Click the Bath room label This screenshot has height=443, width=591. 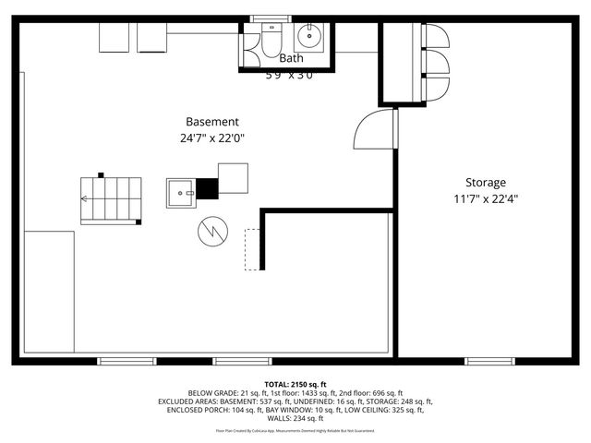pyautogui.click(x=291, y=58)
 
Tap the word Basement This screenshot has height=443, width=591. pyautogui.click(x=212, y=122)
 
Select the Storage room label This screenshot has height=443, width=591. pyautogui.click(x=485, y=183)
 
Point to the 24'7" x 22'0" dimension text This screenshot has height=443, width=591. pyautogui.click(x=212, y=138)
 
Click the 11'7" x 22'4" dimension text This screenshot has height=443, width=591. pyautogui.click(x=485, y=198)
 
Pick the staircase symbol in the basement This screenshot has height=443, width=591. pyautogui.click(x=111, y=198)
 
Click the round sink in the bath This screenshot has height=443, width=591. pyautogui.click(x=308, y=38)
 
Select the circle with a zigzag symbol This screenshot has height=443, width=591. pyautogui.click(x=211, y=230)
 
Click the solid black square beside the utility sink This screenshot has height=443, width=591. pyautogui.click(x=209, y=188)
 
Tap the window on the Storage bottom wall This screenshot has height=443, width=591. pyautogui.click(x=490, y=360)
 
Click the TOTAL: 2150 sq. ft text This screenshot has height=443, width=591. pyautogui.click(x=295, y=384)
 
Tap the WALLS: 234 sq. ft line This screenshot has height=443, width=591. pyautogui.click(x=295, y=419)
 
